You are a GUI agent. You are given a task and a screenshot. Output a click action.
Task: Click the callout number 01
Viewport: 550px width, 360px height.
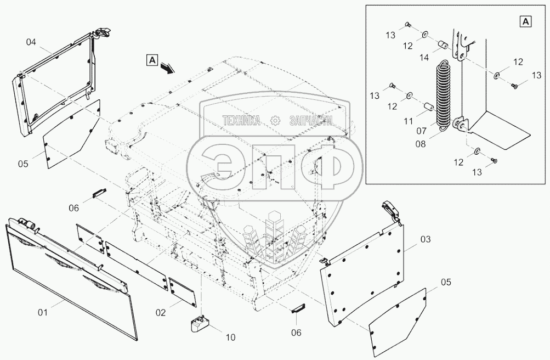(x=43, y=312)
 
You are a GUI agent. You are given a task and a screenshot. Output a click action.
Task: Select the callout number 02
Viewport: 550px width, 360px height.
(x=160, y=312)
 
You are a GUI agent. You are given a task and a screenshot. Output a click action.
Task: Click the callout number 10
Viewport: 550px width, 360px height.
(x=231, y=337)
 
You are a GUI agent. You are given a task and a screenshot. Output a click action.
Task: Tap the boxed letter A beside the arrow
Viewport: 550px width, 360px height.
(x=152, y=59)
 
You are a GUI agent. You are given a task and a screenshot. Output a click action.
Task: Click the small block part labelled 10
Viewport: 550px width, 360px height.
(x=199, y=324)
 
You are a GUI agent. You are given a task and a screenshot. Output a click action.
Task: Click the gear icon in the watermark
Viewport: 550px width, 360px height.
(x=275, y=120)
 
